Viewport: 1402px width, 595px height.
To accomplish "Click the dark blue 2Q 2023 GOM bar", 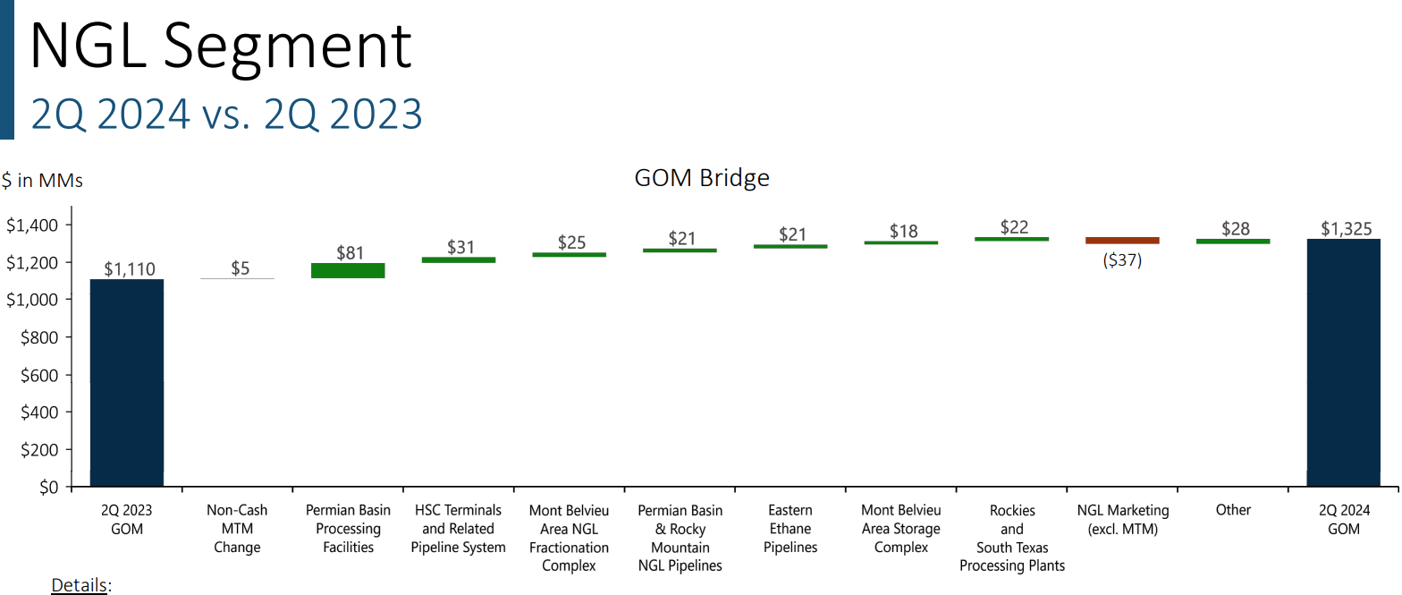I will (126, 383).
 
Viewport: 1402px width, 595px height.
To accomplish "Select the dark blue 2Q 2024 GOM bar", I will (1343, 362).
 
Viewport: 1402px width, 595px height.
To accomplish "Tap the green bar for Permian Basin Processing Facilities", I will (348, 270).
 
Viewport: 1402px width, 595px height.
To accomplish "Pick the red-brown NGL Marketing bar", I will (1122, 241).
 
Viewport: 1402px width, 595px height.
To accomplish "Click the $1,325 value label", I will (1346, 228).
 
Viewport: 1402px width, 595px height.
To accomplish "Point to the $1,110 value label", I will (128, 268).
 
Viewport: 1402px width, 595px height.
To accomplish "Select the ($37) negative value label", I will (1122, 261).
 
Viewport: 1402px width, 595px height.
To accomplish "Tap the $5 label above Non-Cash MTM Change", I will (240, 268).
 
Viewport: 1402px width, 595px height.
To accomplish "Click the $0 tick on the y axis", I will (45, 488).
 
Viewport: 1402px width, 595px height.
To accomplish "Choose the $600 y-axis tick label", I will (38, 375).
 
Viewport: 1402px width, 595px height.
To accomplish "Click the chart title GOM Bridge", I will (701, 178).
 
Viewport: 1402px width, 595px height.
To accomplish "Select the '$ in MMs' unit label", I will (42, 181).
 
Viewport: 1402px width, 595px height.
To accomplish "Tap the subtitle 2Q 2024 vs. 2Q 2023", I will (226, 115).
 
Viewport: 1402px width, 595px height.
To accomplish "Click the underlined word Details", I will (80, 585).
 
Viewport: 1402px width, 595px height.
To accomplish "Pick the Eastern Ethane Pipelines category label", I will (790, 529).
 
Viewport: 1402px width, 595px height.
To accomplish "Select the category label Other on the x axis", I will (1233, 510).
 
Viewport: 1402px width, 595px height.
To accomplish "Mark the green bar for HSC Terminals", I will (458, 259).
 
